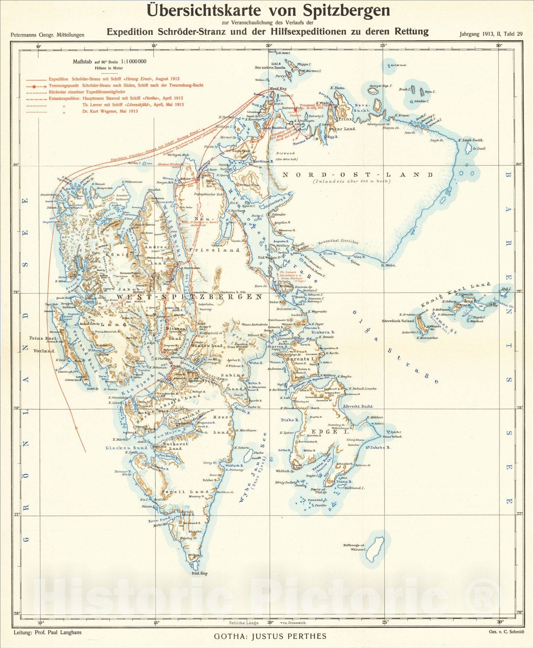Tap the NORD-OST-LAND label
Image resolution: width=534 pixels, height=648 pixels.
click(x=357, y=175)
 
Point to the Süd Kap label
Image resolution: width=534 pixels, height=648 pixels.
click(x=199, y=573)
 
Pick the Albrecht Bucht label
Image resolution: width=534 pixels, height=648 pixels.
click(x=357, y=406)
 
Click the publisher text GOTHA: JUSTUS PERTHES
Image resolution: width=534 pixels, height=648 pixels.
click(x=270, y=636)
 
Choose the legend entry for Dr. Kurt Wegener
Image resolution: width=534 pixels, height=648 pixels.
click(x=110, y=111)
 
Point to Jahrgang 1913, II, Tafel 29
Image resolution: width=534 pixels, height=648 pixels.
click(x=491, y=34)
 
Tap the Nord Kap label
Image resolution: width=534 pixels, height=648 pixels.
click(x=278, y=88)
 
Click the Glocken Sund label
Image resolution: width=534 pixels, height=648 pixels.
click(x=127, y=448)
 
